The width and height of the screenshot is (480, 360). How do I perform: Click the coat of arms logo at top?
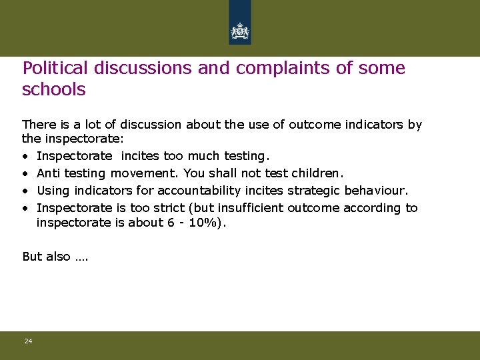click(239, 30)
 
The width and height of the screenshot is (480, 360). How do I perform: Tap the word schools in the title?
click(54, 89)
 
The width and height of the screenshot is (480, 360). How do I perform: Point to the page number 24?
click(28, 341)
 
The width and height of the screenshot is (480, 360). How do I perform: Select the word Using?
click(51, 191)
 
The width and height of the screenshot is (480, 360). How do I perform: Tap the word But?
click(32, 257)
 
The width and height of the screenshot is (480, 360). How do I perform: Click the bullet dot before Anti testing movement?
click(25, 173)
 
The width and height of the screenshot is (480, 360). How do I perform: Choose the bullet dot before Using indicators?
click(25, 191)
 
